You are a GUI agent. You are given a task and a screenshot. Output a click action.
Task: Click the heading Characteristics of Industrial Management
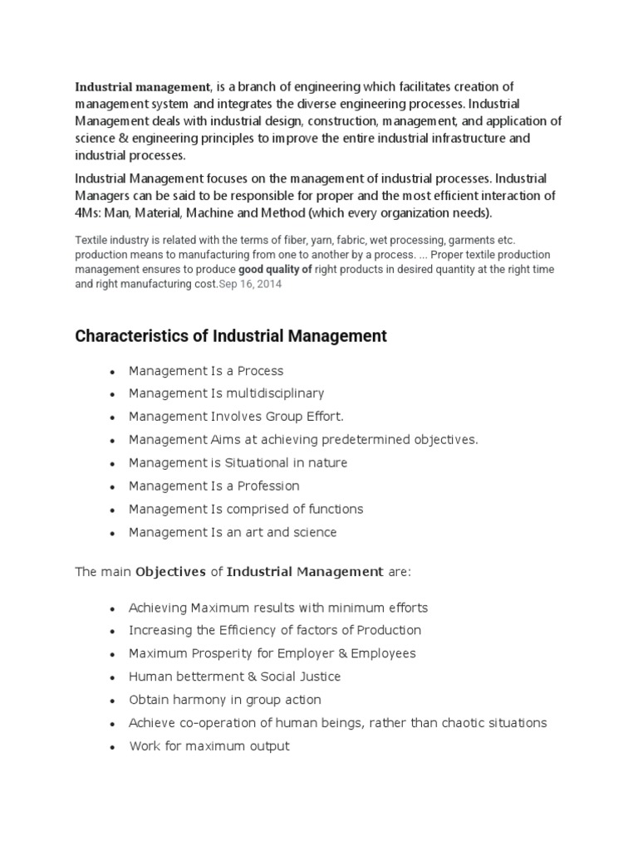click(231, 336)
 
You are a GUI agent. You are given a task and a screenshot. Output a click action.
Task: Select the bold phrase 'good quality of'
click(275, 269)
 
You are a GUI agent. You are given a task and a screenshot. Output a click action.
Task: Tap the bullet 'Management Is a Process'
click(205, 370)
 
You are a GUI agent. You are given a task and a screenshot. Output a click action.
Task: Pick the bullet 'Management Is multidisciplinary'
click(226, 393)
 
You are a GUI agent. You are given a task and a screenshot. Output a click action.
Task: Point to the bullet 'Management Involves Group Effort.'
click(236, 417)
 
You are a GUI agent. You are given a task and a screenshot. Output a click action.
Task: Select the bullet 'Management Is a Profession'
click(213, 486)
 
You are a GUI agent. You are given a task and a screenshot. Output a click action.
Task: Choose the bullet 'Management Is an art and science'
click(233, 532)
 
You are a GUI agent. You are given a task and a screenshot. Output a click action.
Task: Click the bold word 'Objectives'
click(170, 572)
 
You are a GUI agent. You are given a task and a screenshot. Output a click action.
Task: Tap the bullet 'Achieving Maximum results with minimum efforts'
click(278, 608)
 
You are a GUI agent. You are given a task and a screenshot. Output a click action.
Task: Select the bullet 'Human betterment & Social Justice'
click(234, 677)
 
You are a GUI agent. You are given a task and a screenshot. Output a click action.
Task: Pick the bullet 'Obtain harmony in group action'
click(224, 700)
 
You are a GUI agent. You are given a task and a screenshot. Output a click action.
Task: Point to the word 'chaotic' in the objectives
click(449, 723)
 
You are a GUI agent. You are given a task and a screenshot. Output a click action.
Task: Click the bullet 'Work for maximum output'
click(209, 746)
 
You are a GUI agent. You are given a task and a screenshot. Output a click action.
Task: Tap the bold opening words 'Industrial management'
click(142, 87)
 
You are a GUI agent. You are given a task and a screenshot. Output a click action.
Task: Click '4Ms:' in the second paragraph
click(91, 213)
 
